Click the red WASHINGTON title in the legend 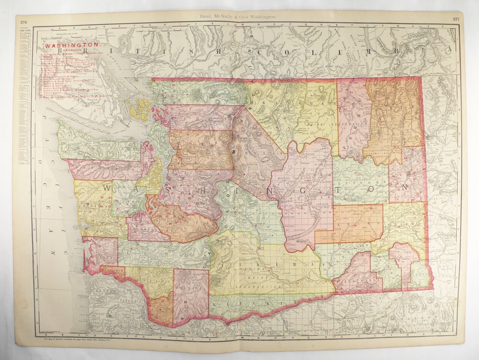click(72, 44)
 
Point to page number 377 click(455, 19)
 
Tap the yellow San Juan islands click(140, 110)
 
